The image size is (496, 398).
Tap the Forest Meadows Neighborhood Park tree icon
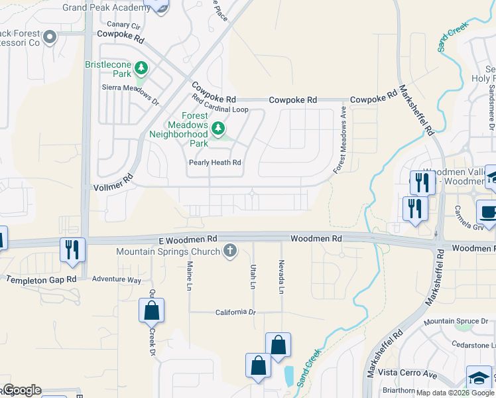tap(217, 127)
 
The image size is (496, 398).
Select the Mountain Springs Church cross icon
tap(230, 251)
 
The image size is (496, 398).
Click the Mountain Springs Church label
tap(168, 251)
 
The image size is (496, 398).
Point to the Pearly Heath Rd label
tap(215, 163)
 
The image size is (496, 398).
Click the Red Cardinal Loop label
tap(220, 104)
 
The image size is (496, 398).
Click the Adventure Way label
tap(117, 280)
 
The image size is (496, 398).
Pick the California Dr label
tap(235, 312)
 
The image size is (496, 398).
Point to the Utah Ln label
tap(253, 275)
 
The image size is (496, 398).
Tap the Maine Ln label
tap(190, 273)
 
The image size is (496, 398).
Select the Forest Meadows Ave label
tap(340, 140)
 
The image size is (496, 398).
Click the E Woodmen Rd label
tap(188, 237)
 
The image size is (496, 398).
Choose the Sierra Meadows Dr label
tap(131, 95)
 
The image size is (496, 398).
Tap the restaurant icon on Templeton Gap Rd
tap(70, 249)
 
